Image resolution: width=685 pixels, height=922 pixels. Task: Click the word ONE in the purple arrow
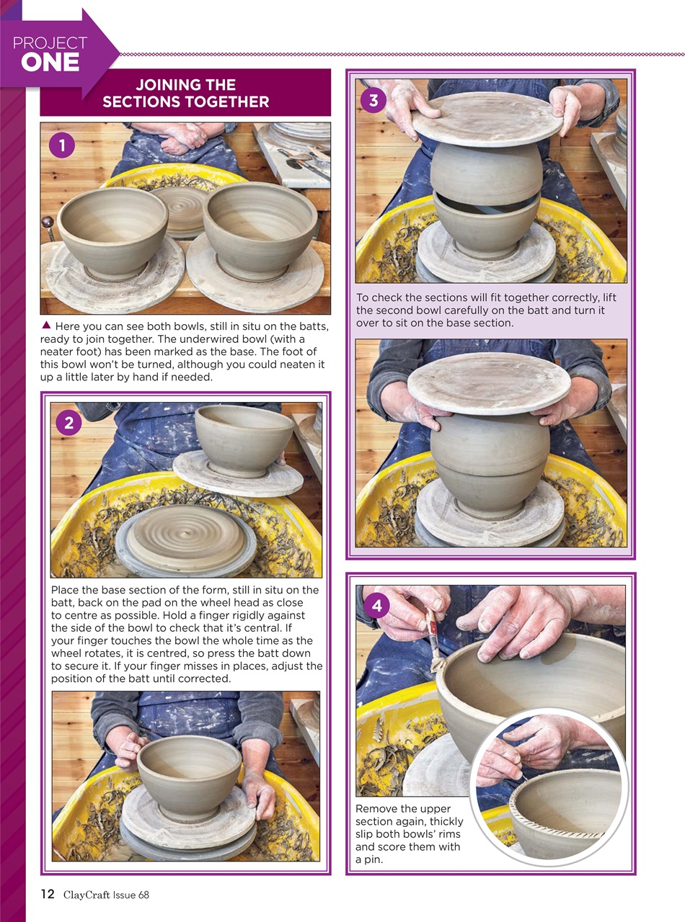coord(50,63)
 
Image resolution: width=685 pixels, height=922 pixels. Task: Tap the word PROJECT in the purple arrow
coord(50,42)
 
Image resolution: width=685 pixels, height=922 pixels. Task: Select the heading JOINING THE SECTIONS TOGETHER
coord(185,94)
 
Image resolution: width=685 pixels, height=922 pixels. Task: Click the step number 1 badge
coord(62,146)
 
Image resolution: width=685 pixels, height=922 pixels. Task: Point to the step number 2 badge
coord(68,424)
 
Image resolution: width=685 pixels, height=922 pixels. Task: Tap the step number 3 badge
coord(373,100)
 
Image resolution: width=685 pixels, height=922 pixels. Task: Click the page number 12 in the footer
coord(47,895)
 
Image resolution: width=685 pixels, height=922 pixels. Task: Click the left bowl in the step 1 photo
coord(112,229)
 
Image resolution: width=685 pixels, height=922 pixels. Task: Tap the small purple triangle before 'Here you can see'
coord(46,326)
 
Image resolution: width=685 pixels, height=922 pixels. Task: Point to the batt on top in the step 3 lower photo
coord(488,382)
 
